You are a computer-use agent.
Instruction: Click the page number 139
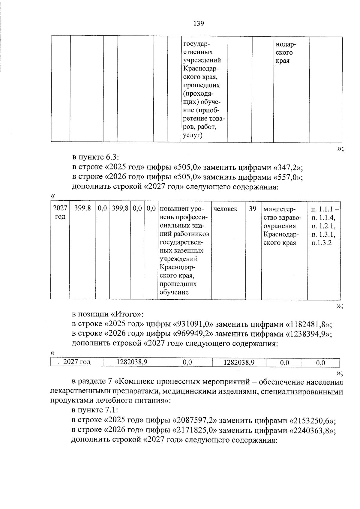point(199,23)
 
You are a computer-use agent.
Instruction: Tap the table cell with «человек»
point(225,209)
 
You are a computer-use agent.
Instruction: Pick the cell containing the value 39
point(253,209)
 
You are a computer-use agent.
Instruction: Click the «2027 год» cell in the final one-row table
point(77,362)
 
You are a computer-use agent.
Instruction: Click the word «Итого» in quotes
point(126,314)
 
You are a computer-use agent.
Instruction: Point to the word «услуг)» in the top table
point(193,135)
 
